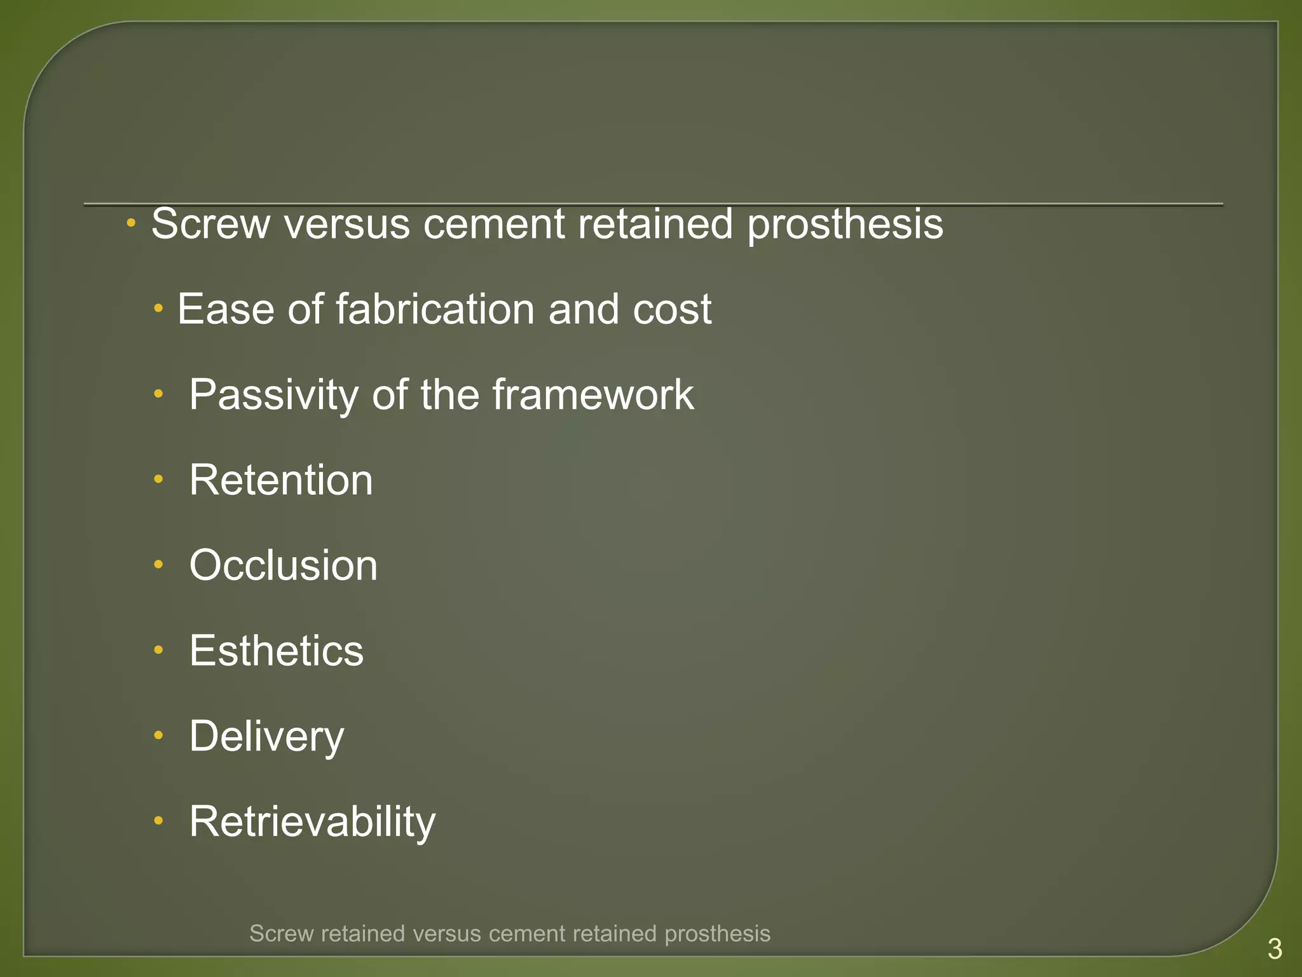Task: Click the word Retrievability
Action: pyautogui.click(x=312, y=822)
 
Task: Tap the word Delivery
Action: pyautogui.click(x=266, y=737)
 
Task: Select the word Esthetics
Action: pyautogui.click(x=276, y=651)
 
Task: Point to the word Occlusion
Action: pyautogui.click(x=283, y=565)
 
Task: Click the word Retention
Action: pyautogui.click(x=280, y=480)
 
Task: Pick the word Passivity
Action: pyautogui.click(x=273, y=395)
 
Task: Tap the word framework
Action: pyautogui.click(x=593, y=395)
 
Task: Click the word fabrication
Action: pyautogui.click(x=435, y=309)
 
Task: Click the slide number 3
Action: pyautogui.click(x=1275, y=949)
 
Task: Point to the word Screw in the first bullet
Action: pyautogui.click(x=210, y=224)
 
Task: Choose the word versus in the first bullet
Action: pyautogui.click(x=346, y=224)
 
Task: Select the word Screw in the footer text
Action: pyautogui.click(x=282, y=934)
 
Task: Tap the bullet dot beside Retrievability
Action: pyautogui.click(x=158, y=821)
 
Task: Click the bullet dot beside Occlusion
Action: pyautogui.click(x=158, y=564)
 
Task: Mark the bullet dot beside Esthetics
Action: pyautogui.click(x=158, y=649)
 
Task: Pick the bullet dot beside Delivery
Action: pyautogui.click(x=158, y=735)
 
